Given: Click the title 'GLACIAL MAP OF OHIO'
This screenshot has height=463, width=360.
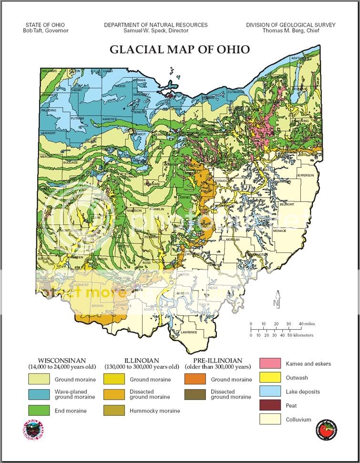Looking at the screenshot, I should pos(180,49).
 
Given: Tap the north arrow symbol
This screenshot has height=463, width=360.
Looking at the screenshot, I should pos(277,300).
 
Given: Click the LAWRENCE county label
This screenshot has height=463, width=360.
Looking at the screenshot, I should pos(188,332).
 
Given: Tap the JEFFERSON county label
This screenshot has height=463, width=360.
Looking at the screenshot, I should pos(306,175).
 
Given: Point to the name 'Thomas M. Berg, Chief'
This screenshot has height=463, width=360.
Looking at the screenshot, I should pos(290,30).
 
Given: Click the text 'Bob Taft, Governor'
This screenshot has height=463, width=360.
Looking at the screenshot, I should pos(46,30).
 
